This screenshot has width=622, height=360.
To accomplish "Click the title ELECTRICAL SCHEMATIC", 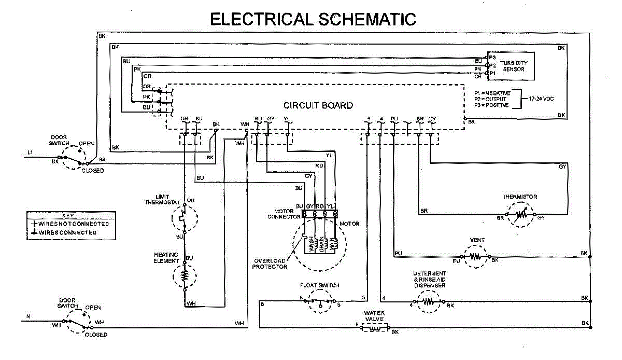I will point(313,19).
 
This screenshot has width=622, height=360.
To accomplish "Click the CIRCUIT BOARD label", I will point(318,105).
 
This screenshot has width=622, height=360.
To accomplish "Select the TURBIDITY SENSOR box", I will point(511,66).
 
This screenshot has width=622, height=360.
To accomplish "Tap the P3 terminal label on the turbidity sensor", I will point(492,57).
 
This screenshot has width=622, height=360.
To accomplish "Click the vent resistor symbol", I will point(475,256).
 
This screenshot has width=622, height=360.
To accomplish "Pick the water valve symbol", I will point(374,328).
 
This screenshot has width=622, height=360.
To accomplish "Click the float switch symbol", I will point(319,302).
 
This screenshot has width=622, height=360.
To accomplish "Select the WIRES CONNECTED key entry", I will point(64,233).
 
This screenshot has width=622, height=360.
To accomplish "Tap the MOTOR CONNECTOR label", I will point(280,214).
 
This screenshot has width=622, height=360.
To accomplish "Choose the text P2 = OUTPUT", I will point(492,99).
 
